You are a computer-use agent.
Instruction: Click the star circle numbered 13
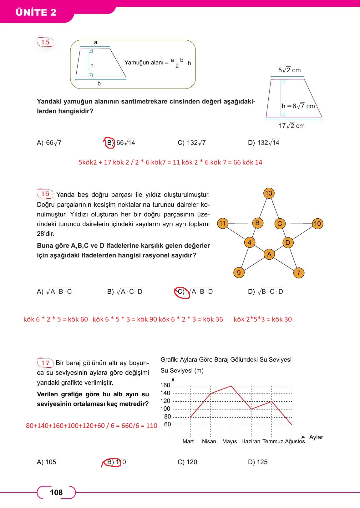point(269,193)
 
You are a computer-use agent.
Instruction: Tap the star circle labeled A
point(269,254)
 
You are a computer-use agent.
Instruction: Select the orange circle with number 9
point(239,273)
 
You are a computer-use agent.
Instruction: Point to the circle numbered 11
point(222,223)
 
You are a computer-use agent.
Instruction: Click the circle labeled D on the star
point(288,243)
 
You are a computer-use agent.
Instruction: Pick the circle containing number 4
point(249,242)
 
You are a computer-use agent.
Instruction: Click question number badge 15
point(45,42)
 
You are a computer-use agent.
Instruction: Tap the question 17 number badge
point(45,363)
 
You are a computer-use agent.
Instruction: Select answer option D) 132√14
point(263,143)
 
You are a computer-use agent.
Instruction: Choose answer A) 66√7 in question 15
point(49,143)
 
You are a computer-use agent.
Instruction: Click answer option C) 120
point(187,462)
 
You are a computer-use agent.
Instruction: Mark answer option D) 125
point(257,462)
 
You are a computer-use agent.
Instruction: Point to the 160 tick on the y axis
point(165,385)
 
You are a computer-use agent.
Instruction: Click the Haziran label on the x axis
point(251,441)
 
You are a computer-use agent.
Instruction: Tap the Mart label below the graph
point(188,441)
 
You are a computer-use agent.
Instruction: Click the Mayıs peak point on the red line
point(231,386)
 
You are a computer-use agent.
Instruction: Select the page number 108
point(56,493)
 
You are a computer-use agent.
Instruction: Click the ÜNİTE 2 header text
point(36,12)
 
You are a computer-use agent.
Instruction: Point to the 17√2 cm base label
point(292,126)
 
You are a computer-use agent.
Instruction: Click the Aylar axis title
point(316,437)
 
